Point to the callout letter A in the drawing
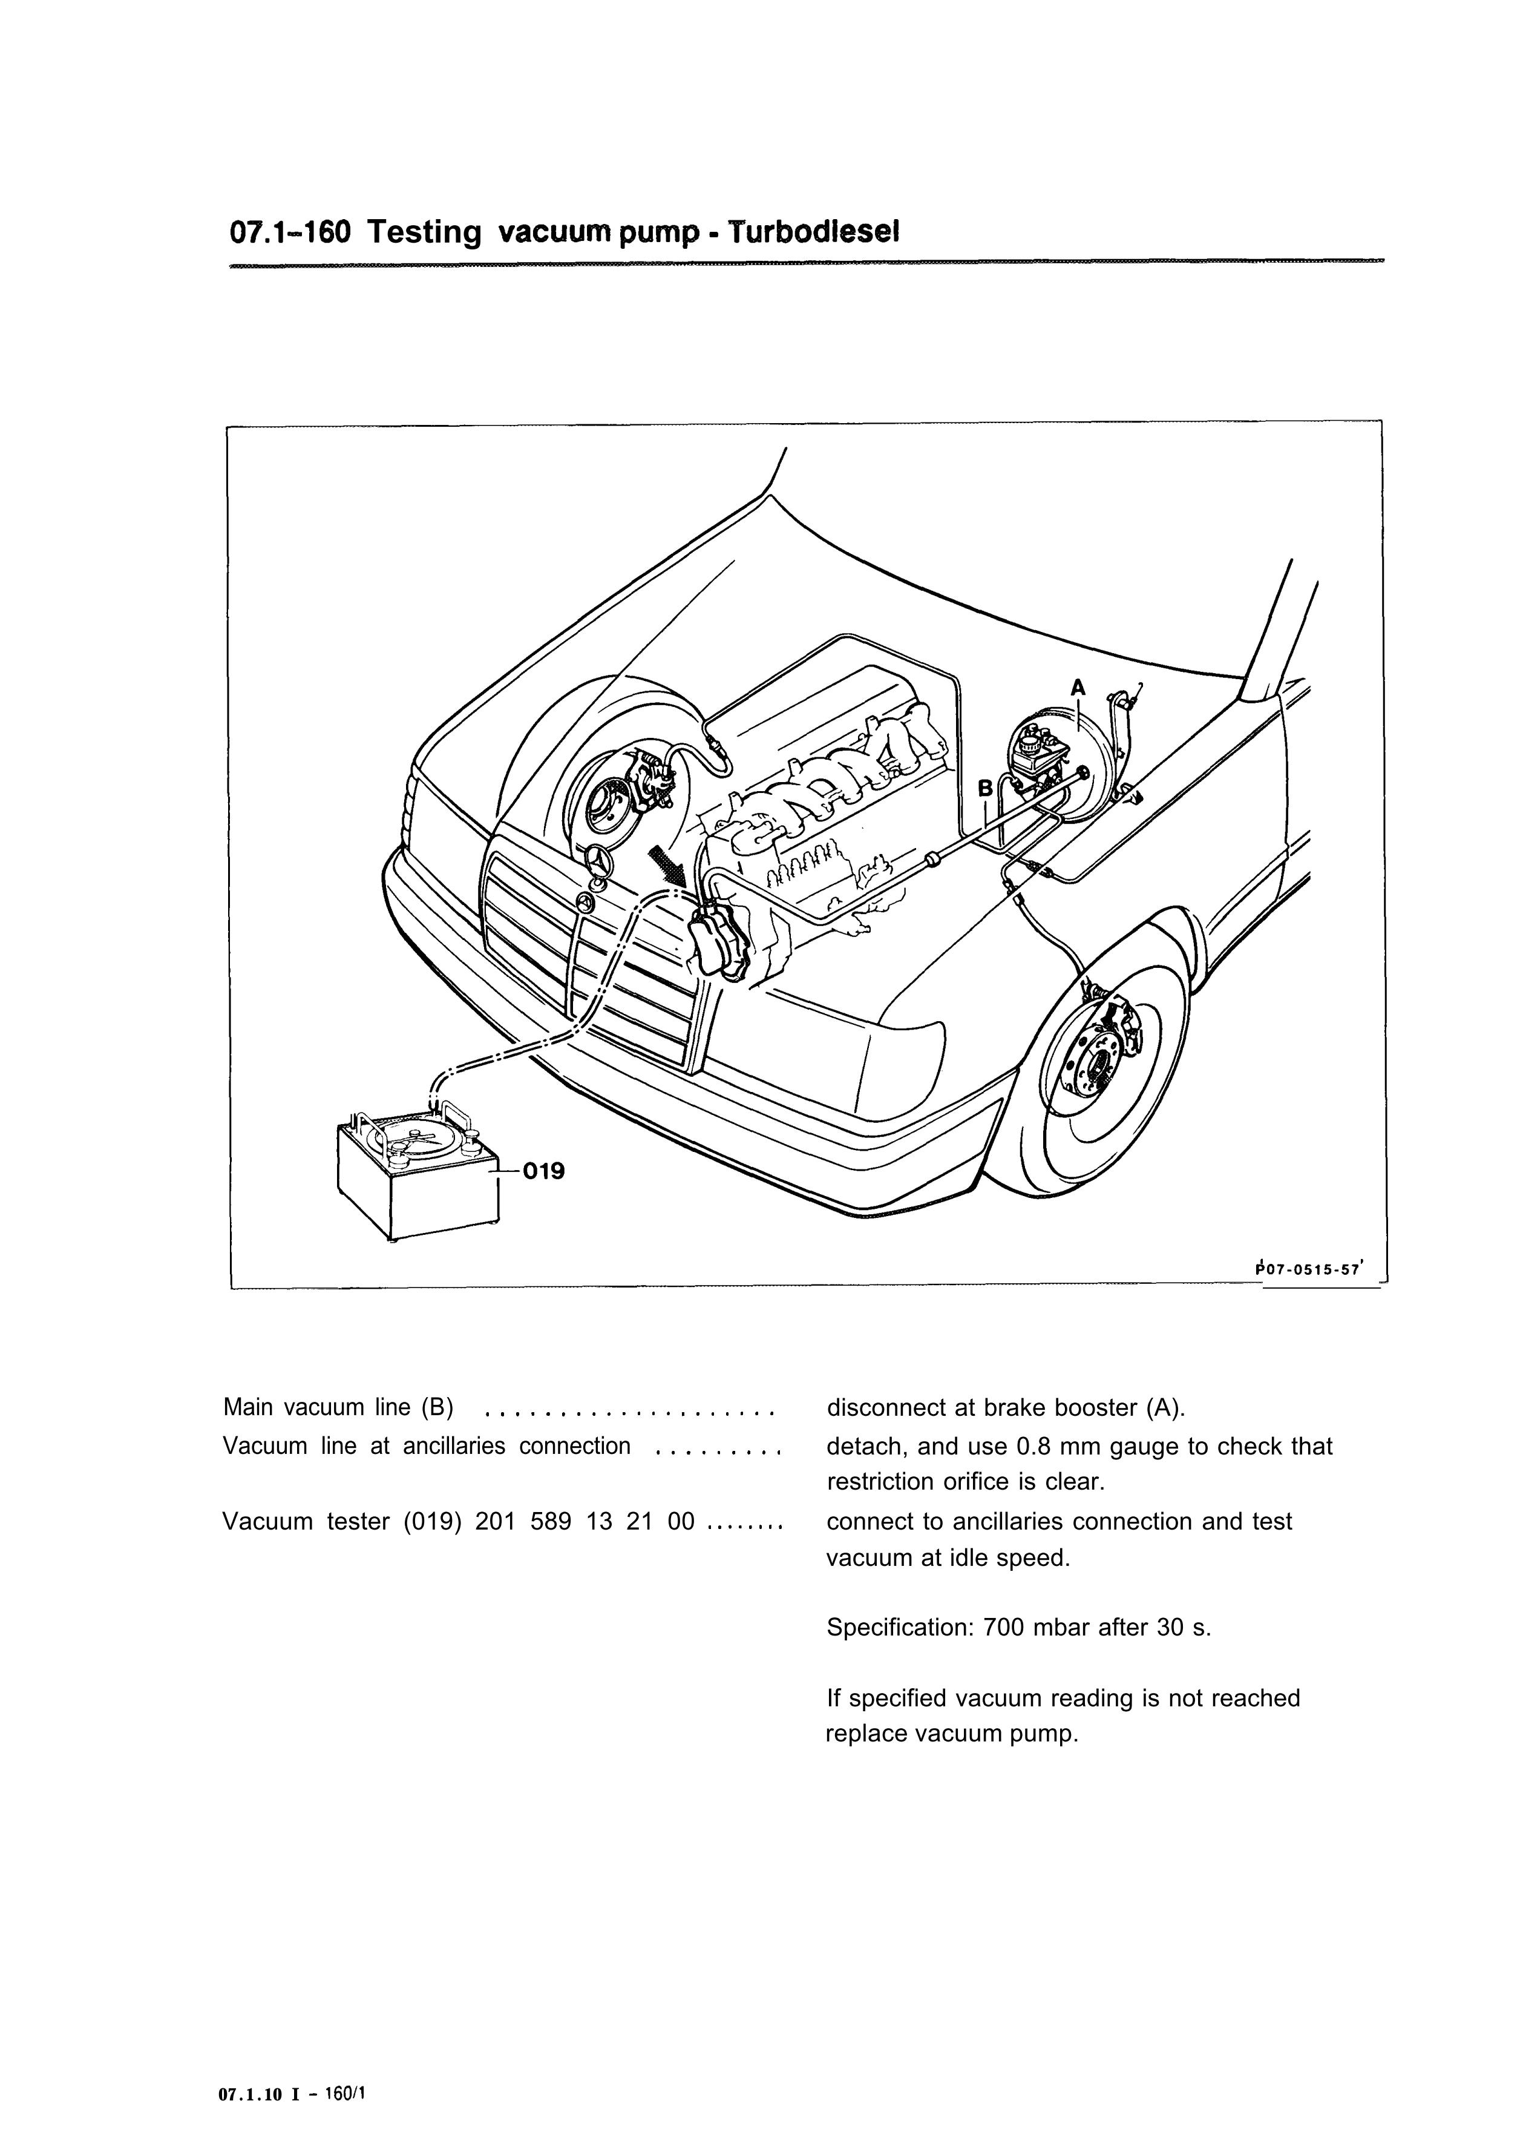pos(1078,688)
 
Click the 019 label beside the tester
pos(544,1171)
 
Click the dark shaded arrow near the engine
pos(670,864)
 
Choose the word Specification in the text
pos(900,1628)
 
